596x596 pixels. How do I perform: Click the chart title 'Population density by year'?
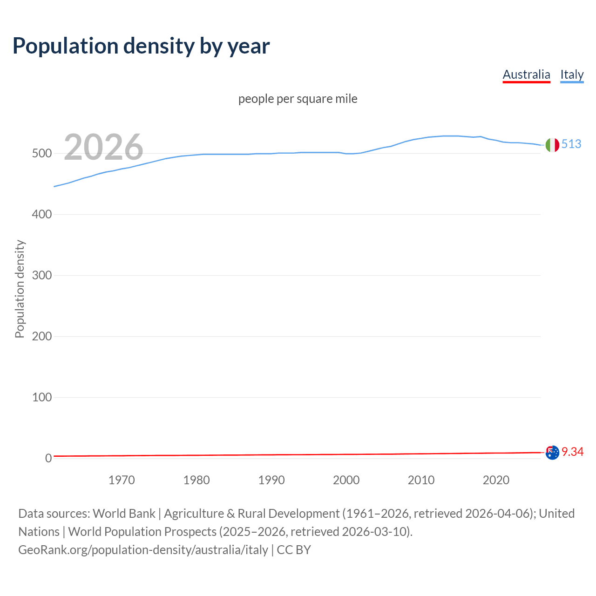point(141,46)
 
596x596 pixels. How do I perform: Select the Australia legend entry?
point(526,74)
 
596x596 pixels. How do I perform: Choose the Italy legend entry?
point(572,74)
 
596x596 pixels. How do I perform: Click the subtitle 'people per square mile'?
point(298,99)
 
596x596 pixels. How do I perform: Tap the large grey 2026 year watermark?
point(103,147)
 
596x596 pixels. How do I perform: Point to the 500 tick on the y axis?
point(41,154)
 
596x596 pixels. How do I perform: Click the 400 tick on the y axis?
point(41,215)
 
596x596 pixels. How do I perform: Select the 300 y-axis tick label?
point(41,276)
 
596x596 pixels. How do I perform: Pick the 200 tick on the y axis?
point(41,337)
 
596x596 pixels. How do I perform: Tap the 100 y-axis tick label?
point(41,398)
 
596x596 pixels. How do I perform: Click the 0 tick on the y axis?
point(48,459)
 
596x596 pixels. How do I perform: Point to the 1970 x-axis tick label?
point(122,480)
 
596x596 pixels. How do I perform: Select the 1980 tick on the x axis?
point(196,480)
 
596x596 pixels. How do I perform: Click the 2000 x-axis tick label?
point(346,480)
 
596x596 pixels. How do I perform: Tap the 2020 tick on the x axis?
point(496,480)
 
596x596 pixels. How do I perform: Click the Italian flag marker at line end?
point(552,145)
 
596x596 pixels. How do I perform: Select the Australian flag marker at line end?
point(552,453)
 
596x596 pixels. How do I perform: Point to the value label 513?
point(571,144)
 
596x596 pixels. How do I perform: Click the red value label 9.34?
point(572,452)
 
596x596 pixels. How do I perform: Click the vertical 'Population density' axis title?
point(20,289)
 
